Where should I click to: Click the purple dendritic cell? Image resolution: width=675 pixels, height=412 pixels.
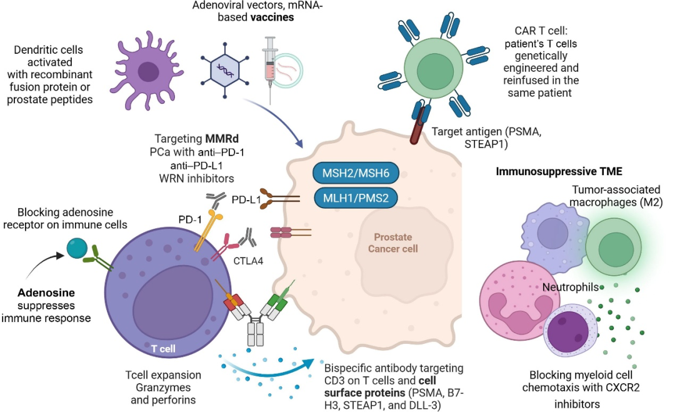pos(148,71)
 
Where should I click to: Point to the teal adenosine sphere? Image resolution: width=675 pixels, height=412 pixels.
pos(78,248)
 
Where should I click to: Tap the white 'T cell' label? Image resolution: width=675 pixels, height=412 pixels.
pos(164,348)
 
